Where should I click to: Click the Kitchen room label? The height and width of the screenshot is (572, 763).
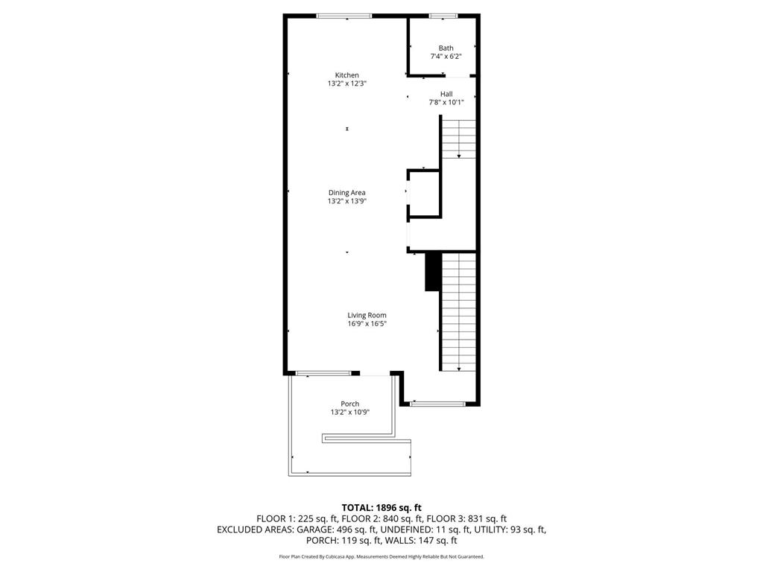coord(346,75)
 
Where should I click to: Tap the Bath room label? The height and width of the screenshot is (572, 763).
coord(446,48)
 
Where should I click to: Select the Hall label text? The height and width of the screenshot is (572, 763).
coord(446,94)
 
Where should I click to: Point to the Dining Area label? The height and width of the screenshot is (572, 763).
coord(346,193)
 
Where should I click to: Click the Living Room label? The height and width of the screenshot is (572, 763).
coord(367,315)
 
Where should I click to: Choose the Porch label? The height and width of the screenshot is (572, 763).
coord(349,404)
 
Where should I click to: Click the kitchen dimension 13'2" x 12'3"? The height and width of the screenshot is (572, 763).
coord(346,84)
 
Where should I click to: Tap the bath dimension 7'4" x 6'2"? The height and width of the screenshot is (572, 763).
coord(446,57)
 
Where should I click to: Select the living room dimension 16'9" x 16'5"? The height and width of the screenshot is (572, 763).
coord(367,323)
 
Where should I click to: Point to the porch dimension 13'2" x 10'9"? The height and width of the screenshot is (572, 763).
coord(349,413)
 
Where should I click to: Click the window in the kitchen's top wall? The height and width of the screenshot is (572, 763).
coord(343,16)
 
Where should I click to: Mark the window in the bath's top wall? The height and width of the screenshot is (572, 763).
coord(443,16)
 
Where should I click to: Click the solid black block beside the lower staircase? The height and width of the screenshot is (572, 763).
coord(431,272)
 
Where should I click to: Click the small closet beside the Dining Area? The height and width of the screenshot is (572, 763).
coord(424,194)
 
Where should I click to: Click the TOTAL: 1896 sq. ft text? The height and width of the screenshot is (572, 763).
coord(381,508)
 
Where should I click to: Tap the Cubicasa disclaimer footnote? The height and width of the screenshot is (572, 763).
coord(381,556)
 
